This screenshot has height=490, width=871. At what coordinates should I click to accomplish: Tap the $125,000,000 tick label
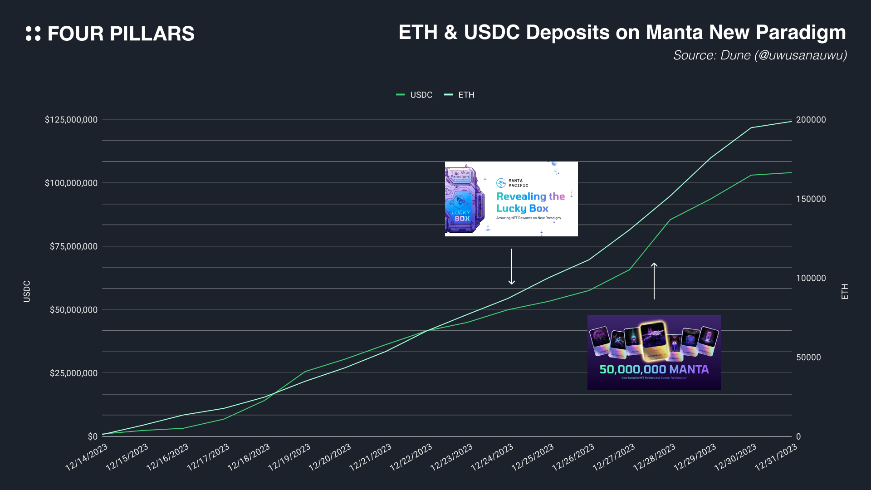click(71, 120)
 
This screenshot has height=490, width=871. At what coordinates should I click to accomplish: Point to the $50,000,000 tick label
click(73, 310)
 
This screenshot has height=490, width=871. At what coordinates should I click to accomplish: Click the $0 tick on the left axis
click(93, 436)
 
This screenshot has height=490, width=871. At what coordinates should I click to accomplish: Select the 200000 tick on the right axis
click(811, 120)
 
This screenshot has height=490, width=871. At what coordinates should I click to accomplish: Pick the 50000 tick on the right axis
click(808, 358)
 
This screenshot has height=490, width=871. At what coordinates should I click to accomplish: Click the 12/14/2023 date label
click(87, 457)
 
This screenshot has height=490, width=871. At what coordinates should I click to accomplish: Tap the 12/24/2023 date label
click(492, 457)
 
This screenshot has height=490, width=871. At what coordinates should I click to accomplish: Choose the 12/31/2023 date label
click(776, 457)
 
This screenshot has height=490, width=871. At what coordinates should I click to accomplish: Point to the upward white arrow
click(654, 281)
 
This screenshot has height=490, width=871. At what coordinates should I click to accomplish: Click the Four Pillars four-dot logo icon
click(33, 34)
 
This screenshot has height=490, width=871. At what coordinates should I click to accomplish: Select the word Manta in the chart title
click(675, 32)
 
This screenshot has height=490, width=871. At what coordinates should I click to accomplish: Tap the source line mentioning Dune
click(760, 55)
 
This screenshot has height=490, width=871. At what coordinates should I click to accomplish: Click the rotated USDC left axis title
click(27, 291)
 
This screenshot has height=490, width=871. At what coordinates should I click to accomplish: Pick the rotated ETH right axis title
click(844, 291)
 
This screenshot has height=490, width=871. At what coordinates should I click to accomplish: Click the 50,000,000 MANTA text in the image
click(654, 369)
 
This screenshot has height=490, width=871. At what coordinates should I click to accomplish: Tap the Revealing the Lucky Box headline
click(530, 202)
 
